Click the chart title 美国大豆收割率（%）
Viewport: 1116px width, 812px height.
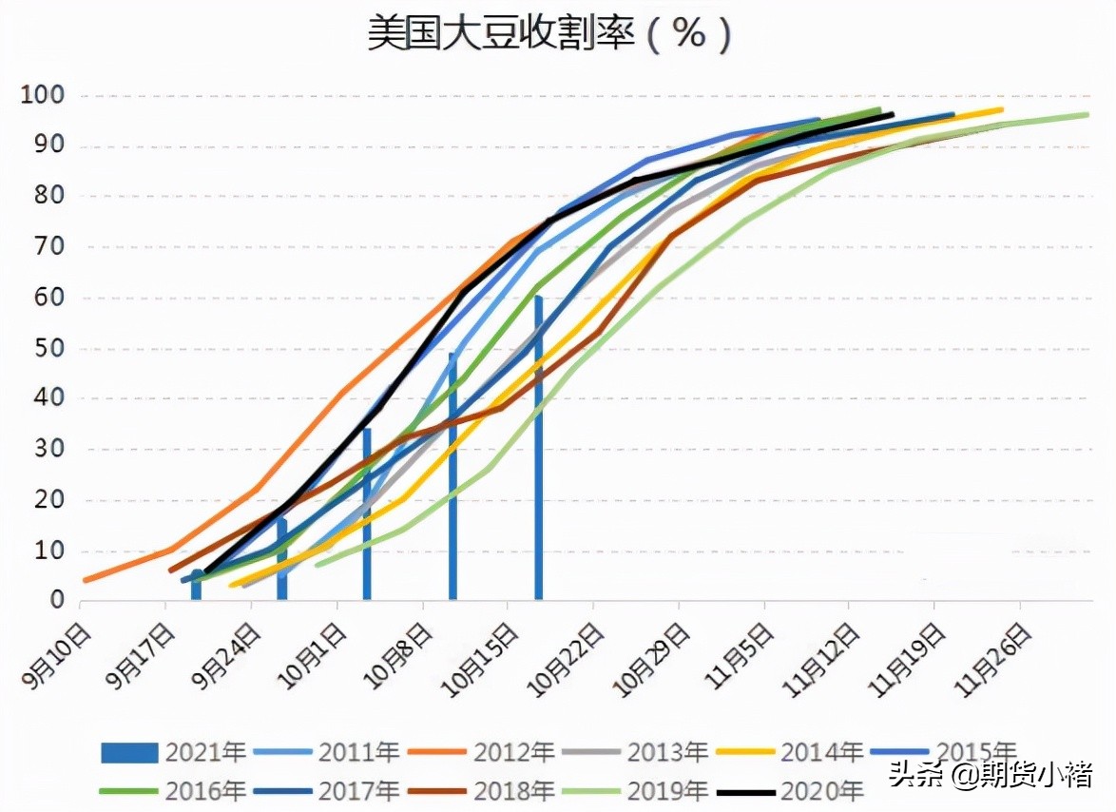[x=550, y=35]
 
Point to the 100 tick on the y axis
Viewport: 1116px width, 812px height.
[x=45, y=96]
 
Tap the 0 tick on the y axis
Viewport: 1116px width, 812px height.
[x=57, y=600]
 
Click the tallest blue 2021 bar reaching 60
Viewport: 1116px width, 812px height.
[x=538, y=447]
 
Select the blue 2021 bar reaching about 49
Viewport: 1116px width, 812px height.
[x=452, y=475]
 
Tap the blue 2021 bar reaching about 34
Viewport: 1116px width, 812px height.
[x=367, y=513]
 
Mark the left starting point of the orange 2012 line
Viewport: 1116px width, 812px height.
[x=86, y=580]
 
